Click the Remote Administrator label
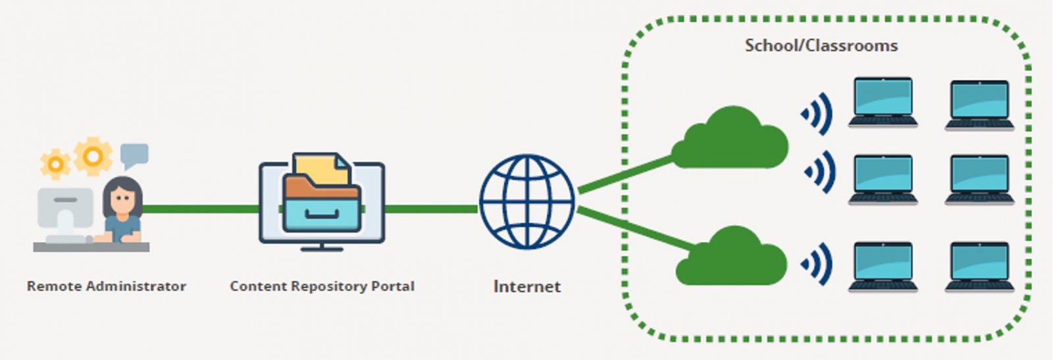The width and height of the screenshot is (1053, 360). click(x=106, y=286)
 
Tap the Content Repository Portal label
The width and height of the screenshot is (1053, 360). click(x=322, y=286)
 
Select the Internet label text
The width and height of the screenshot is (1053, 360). click(x=526, y=286)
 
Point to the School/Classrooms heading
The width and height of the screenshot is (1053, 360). click(x=821, y=45)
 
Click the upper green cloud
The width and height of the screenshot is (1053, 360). click(x=732, y=140)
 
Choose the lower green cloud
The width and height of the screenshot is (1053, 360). click(x=732, y=259)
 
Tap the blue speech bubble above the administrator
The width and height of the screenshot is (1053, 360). click(x=134, y=155)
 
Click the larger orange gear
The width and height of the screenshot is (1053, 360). click(x=93, y=156)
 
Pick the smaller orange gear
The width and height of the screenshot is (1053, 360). click(x=55, y=164)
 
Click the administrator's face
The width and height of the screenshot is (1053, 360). click(x=122, y=197)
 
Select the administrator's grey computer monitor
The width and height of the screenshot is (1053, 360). click(x=65, y=208)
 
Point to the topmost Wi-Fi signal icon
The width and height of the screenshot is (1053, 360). click(x=817, y=114)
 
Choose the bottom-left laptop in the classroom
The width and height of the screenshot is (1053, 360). click(x=883, y=266)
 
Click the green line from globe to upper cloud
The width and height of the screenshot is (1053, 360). click(x=625, y=174)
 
